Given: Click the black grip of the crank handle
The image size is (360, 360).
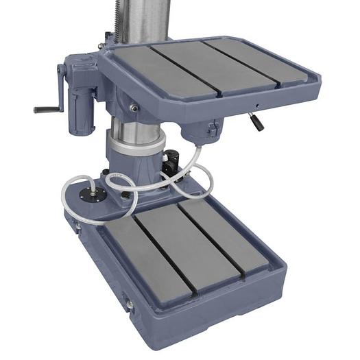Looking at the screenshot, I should pyautogui.click(x=45, y=109).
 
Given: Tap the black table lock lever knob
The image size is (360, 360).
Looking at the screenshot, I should pyautogui.click(x=257, y=123).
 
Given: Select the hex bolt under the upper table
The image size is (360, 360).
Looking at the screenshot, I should pyautogui.click(x=134, y=108).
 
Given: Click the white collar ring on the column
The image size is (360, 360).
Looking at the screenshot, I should pyautogui.click(x=136, y=145).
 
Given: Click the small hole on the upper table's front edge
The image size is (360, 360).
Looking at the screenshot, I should pyautogui.click(x=257, y=105).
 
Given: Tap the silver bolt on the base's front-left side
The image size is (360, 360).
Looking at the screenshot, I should pyautogui.click(x=128, y=302).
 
